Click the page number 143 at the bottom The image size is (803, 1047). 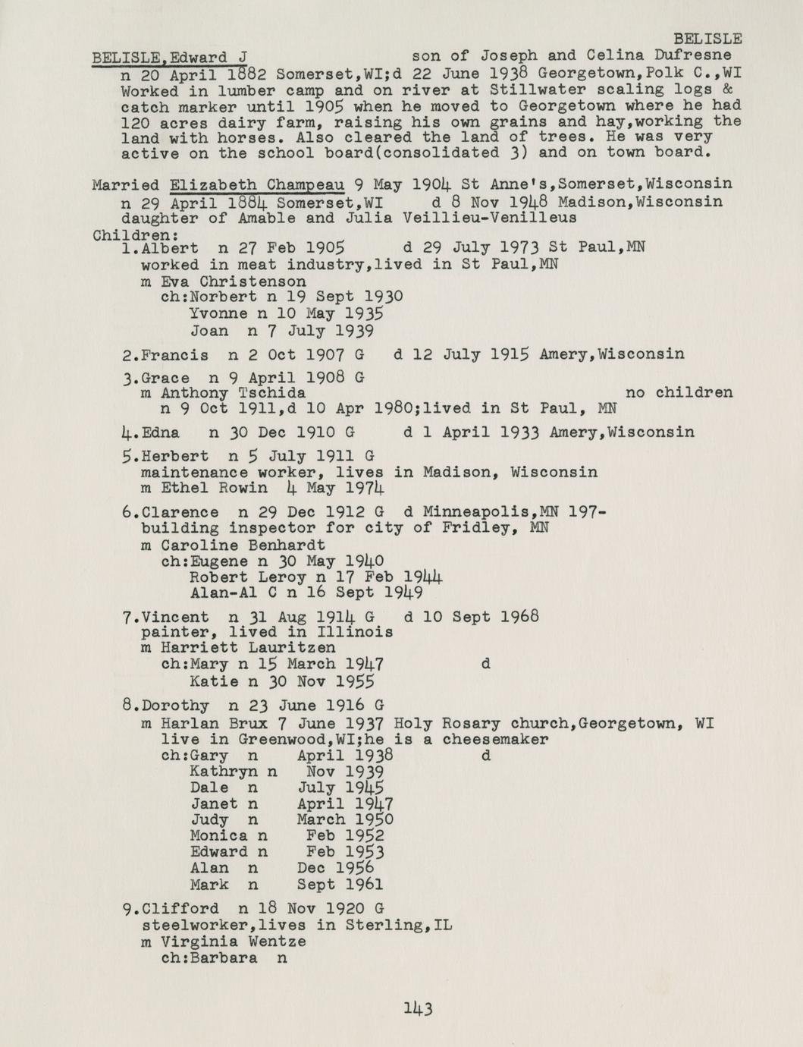pyautogui.click(x=417, y=1008)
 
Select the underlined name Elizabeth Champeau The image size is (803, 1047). pyautogui.click(x=258, y=184)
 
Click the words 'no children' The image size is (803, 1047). pyautogui.click(x=679, y=393)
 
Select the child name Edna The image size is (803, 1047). pyautogui.click(x=161, y=432)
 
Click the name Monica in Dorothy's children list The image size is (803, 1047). pyautogui.click(x=218, y=836)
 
